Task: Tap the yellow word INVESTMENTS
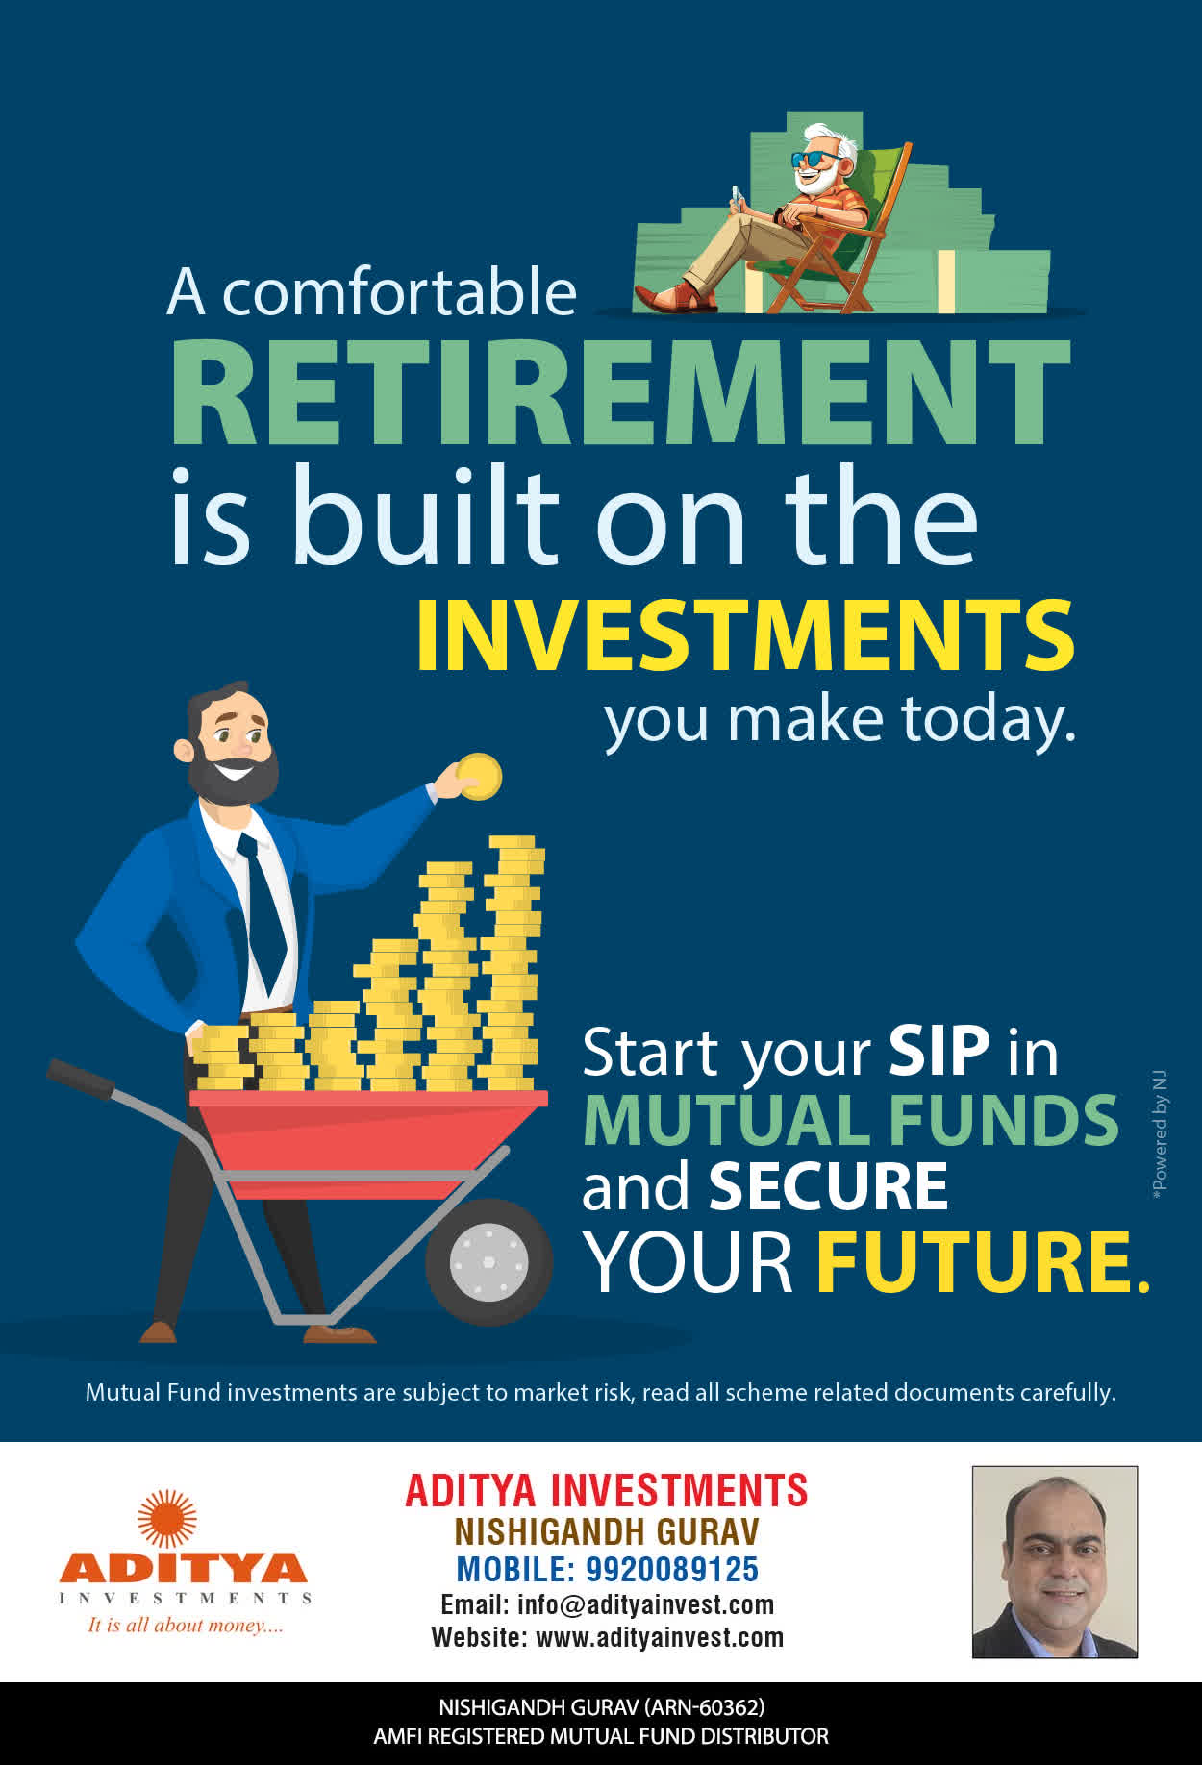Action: (x=745, y=635)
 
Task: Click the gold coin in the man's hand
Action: (x=479, y=777)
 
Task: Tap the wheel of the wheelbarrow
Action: (x=488, y=1261)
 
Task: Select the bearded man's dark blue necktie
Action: (x=263, y=913)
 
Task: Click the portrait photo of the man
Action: (x=1055, y=1562)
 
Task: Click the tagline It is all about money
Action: (x=186, y=1625)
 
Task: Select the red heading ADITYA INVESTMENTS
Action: (x=607, y=1490)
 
